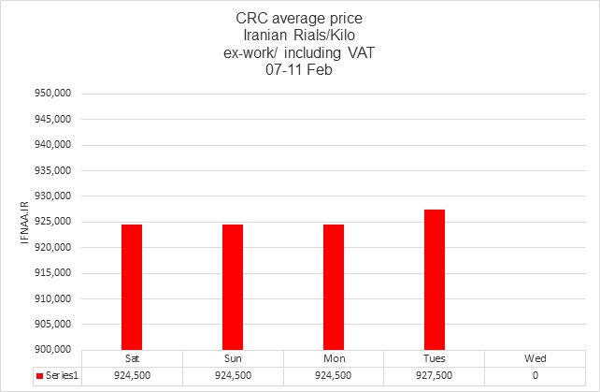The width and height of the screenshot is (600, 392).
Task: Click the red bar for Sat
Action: coord(132,286)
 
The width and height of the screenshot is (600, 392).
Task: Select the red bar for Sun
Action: coord(233,286)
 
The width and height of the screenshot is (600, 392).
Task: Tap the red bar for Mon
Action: coord(334,286)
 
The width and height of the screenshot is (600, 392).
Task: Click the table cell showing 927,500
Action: coord(435,376)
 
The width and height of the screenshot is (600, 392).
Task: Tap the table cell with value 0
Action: coord(536,376)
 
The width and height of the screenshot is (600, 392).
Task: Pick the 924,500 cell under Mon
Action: coord(334,376)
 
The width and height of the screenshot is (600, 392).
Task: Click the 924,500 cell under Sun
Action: coord(233,376)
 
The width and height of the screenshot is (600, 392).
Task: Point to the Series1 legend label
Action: coord(58,376)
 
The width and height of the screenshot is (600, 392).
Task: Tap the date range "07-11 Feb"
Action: coord(299,67)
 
